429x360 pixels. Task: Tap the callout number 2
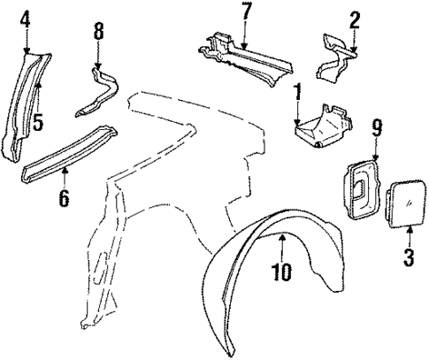pos(355,19)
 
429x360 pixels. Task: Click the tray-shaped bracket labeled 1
pos(323,124)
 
